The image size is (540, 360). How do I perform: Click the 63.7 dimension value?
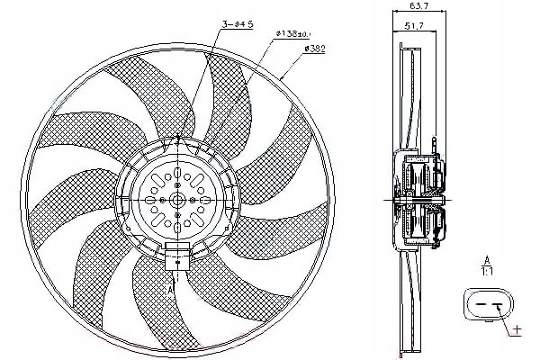pyautogui.click(x=418, y=5)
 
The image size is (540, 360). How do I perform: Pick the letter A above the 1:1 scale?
pyautogui.click(x=486, y=258)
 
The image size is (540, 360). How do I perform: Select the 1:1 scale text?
pyautogui.click(x=486, y=270)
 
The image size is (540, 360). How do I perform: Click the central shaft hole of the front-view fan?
pyautogui.click(x=177, y=199)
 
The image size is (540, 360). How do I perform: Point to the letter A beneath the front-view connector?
pyautogui.click(x=172, y=291)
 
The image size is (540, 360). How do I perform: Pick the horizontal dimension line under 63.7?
pyautogui.click(x=417, y=13)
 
